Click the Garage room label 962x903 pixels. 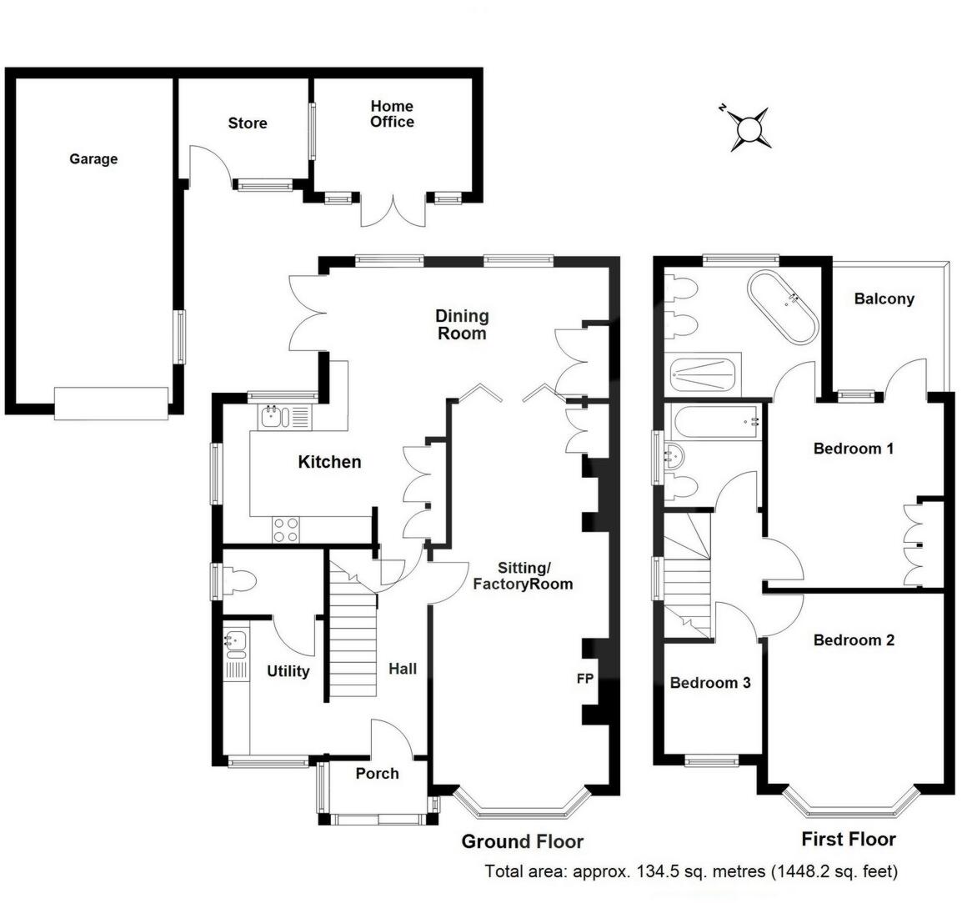pos(93,159)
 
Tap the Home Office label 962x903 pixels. pos(392,114)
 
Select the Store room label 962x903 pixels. pos(248,123)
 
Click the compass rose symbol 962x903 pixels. pos(749,129)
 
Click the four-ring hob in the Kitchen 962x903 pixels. pos(286,530)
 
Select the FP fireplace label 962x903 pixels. pos(584,679)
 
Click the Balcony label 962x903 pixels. pos(884,298)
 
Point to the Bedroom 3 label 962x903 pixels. pos(710,683)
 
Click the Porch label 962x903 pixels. pos(377,774)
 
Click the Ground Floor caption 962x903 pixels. pos(522,841)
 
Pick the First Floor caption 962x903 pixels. pos(849,839)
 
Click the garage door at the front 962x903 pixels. pos(111,403)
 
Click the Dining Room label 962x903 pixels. pos(462,324)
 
